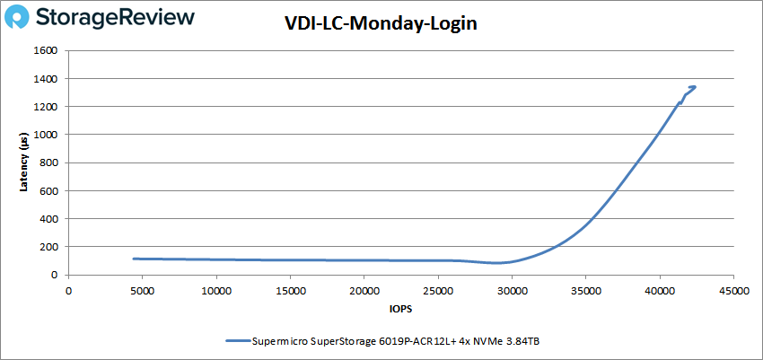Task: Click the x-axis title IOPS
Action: coord(400,310)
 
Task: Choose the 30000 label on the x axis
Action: coord(512,290)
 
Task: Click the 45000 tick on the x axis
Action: coord(733,290)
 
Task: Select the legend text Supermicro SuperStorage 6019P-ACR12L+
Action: coord(359,340)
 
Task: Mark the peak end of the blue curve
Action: coord(694,87)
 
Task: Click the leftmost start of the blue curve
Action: coord(134,259)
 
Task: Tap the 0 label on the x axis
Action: coord(69,290)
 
